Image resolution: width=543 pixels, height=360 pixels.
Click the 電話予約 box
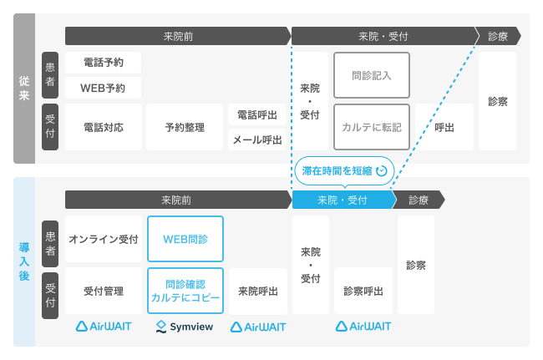104,63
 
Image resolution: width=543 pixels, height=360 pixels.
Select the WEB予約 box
104,87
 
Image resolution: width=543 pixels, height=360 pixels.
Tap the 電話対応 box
104,128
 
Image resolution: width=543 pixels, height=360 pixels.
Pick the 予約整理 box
185,128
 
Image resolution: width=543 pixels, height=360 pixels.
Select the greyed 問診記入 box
371,75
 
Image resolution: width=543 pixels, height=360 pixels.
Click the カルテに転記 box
371,128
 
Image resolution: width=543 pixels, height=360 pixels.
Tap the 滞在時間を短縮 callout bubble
343,170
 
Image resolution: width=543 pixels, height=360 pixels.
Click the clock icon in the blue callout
382,170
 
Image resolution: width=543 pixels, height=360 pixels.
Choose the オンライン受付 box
104,239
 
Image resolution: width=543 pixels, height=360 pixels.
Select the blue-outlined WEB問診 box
185,239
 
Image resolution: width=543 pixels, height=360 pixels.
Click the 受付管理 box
104,291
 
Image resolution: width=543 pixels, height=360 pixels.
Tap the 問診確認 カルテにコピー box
185,291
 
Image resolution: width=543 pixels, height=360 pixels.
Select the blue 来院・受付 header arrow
343,200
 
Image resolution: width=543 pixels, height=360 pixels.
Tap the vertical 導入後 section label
24,261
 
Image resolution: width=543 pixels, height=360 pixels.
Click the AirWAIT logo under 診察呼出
363,327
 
